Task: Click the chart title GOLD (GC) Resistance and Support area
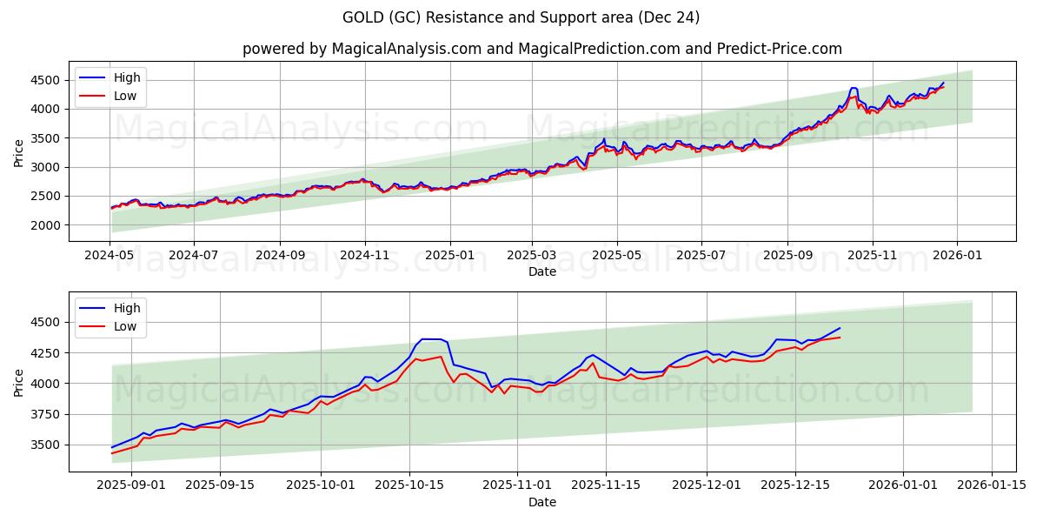pyautogui.click(x=521, y=17)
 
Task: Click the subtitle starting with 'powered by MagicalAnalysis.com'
pyautogui.click(x=541, y=49)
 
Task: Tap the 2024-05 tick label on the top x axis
pyautogui.click(x=110, y=256)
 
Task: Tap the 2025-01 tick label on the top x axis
pyautogui.click(x=449, y=256)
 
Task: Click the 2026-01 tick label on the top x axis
pyautogui.click(x=957, y=256)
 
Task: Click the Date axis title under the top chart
pyautogui.click(x=541, y=271)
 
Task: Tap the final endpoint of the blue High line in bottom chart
pyautogui.click(x=840, y=328)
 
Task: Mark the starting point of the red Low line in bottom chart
pyautogui.click(x=112, y=453)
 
